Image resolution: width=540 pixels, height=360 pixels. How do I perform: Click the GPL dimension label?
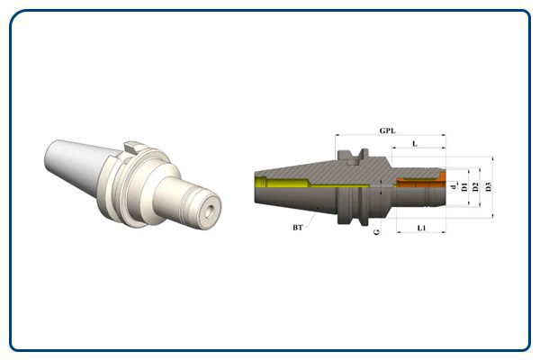pos(387,130)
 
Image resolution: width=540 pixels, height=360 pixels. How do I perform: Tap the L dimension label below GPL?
pos(415,144)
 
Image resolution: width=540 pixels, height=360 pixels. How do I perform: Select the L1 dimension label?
pos(421,228)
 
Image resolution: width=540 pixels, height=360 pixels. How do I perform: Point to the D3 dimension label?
pos(489,186)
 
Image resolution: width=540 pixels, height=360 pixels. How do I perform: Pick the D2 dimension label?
pos(475,187)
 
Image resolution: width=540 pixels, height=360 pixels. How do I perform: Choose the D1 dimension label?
pos(464,187)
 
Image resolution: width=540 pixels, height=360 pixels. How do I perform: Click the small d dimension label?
pos(454,186)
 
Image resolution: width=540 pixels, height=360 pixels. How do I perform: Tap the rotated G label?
pos(377,231)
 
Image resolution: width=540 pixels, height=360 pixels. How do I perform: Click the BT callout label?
pos(298,228)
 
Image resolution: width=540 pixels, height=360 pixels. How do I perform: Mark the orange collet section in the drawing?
pos(421,182)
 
